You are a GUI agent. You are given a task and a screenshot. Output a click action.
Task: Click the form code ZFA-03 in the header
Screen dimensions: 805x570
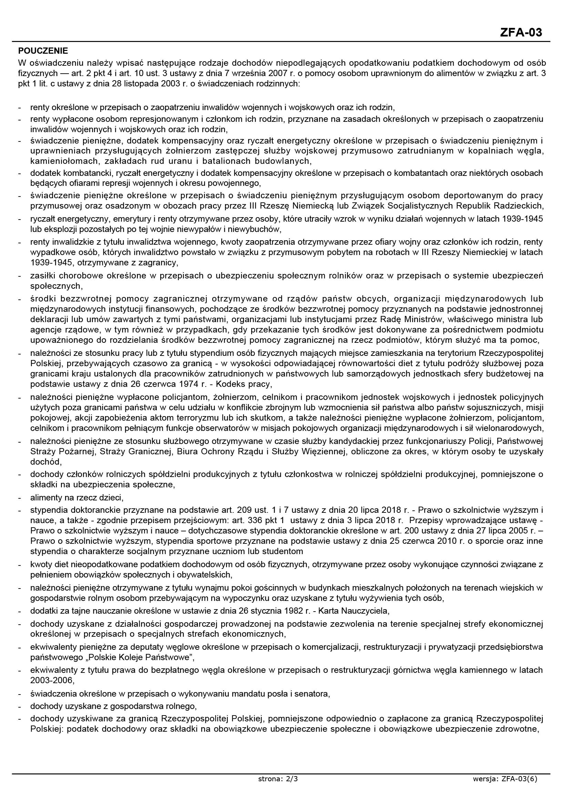[x=521, y=32]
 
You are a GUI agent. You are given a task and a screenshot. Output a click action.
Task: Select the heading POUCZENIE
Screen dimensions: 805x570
[x=43, y=51]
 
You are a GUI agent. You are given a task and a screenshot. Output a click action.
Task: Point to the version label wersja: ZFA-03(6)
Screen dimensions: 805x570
[x=505, y=789]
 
